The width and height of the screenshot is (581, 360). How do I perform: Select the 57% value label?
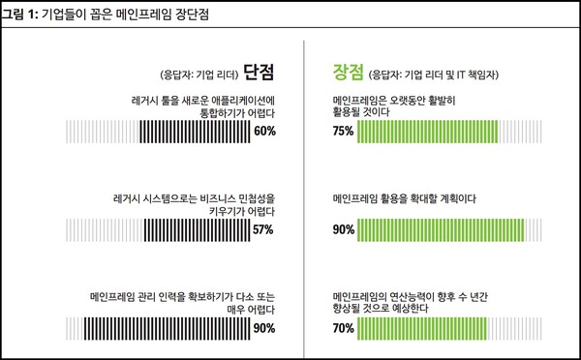point(264,230)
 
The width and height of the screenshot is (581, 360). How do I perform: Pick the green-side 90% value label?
point(343,230)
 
